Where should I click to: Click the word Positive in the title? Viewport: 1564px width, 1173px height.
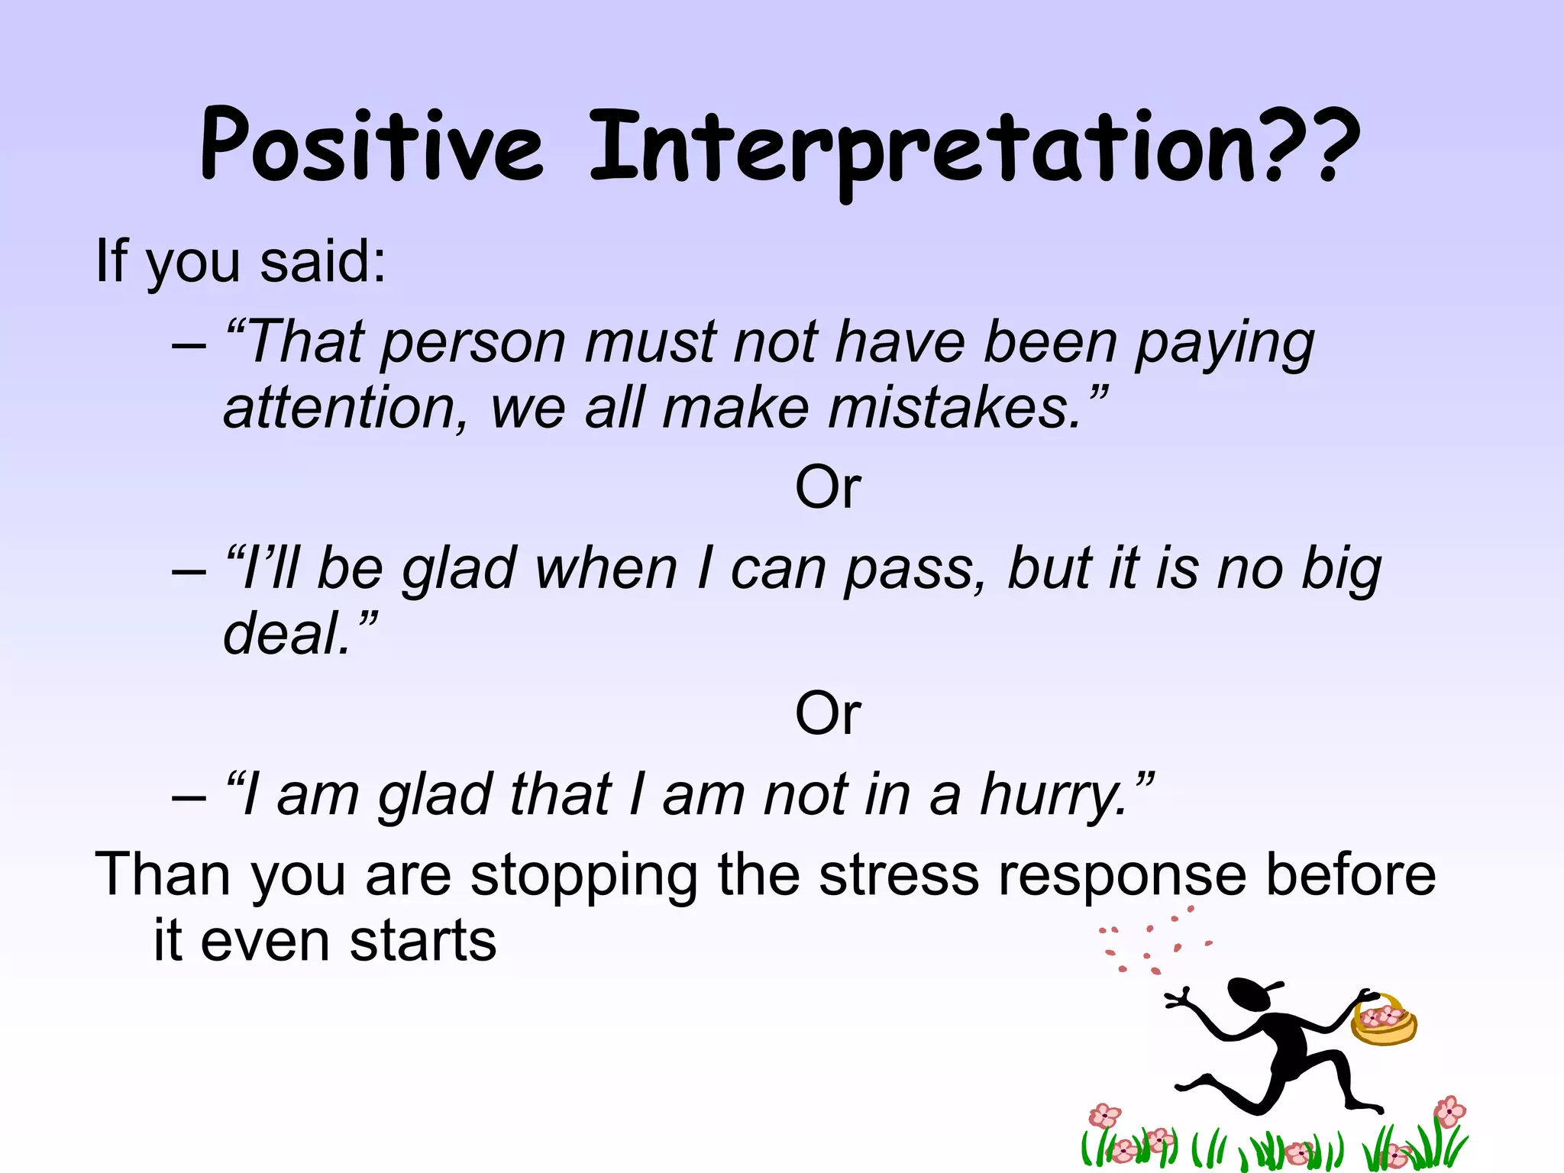pyautogui.click(x=372, y=145)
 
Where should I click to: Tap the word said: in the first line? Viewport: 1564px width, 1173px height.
pyautogui.click(x=322, y=261)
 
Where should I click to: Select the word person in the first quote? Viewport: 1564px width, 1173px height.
pyautogui.click(x=473, y=344)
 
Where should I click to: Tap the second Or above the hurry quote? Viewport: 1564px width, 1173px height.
pyautogui.click(x=828, y=713)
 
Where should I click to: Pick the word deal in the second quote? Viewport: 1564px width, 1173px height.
pyautogui.click(x=286, y=635)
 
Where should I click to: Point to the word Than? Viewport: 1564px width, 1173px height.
pyautogui.click(x=162, y=875)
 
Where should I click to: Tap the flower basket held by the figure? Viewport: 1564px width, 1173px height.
pyautogui.click(x=1383, y=1021)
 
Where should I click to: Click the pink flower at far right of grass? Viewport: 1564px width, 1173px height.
pyautogui.click(x=1449, y=1111)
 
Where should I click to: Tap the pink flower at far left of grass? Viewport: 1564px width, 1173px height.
pyautogui.click(x=1104, y=1116)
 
